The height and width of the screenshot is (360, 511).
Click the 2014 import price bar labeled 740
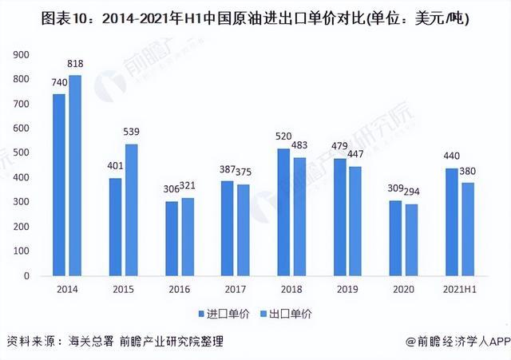click(59, 185)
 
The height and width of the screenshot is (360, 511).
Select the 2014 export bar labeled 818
click(76, 176)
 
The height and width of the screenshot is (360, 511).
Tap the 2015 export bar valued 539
click(132, 210)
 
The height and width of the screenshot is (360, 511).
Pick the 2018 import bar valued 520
click(283, 212)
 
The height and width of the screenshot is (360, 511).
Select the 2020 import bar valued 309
click(394, 238)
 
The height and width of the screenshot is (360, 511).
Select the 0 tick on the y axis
click(27, 276)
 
